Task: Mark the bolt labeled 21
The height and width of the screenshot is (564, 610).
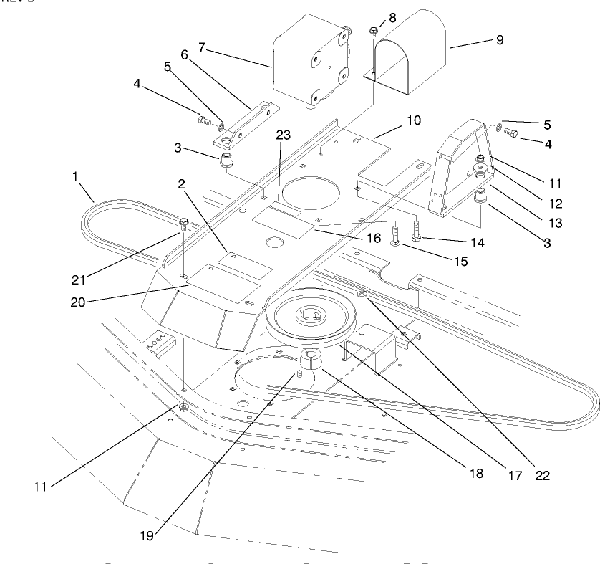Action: coord(184,223)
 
